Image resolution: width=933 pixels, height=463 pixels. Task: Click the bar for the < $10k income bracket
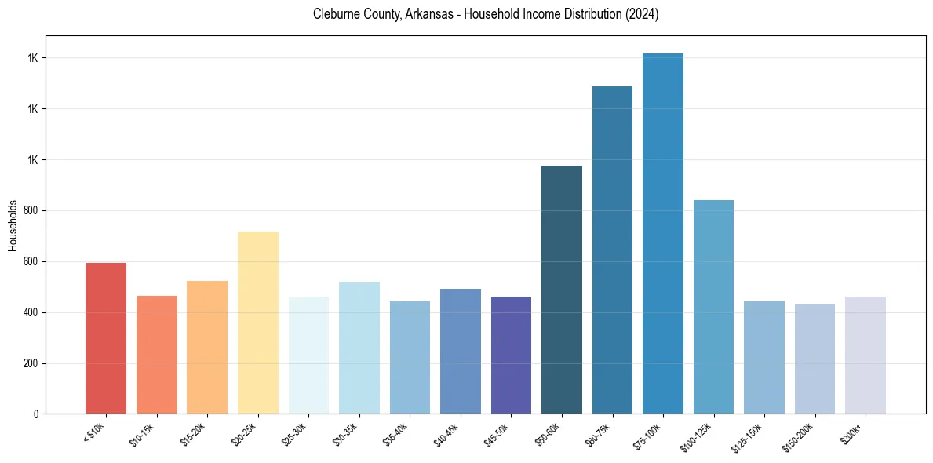[106, 338]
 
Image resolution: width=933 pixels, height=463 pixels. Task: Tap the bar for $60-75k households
[612, 250]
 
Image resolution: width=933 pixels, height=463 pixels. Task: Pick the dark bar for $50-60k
[562, 290]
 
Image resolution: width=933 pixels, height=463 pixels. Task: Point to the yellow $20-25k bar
[258, 323]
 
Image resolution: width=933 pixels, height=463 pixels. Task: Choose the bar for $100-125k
[713, 307]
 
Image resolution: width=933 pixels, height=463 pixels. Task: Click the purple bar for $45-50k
[511, 355]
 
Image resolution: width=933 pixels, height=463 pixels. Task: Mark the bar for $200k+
[866, 355]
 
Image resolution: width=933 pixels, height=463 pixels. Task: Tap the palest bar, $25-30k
[308, 355]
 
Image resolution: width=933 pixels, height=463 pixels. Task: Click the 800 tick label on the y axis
[31, 211]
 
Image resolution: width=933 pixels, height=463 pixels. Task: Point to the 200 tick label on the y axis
[31, 364]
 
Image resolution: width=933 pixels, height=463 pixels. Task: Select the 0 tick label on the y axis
[35, 414]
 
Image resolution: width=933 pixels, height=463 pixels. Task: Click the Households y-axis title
[13, 224]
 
